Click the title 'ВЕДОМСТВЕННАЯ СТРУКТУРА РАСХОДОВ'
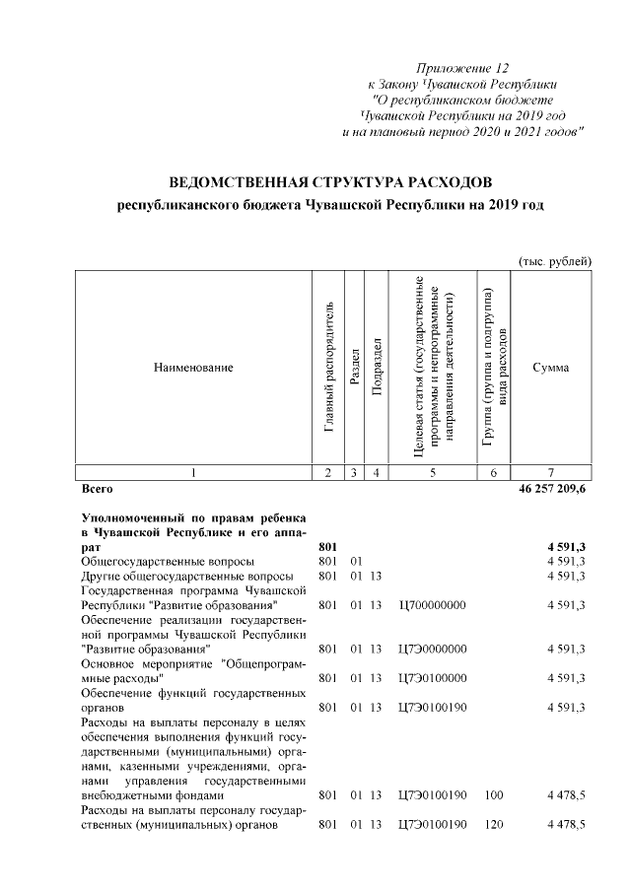pos(329,183)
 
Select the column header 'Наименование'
pos(193,368)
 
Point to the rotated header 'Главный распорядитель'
pos(329,368)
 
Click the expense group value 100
pos(494,794)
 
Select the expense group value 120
pos(494,824)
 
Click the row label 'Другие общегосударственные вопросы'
pos(186,575)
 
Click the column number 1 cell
pos(193,473)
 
